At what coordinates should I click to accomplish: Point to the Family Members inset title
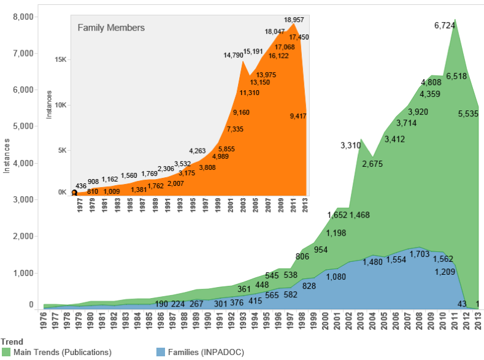111,28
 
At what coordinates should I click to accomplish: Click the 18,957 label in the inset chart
296,20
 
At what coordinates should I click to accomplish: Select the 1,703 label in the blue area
421,254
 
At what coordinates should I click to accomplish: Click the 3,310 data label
352,146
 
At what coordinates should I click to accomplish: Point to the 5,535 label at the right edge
470,113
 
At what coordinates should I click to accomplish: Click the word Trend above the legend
12,342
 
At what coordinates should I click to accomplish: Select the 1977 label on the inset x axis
80,205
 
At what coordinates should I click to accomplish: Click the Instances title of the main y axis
7,156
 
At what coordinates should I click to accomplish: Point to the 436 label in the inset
80,186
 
